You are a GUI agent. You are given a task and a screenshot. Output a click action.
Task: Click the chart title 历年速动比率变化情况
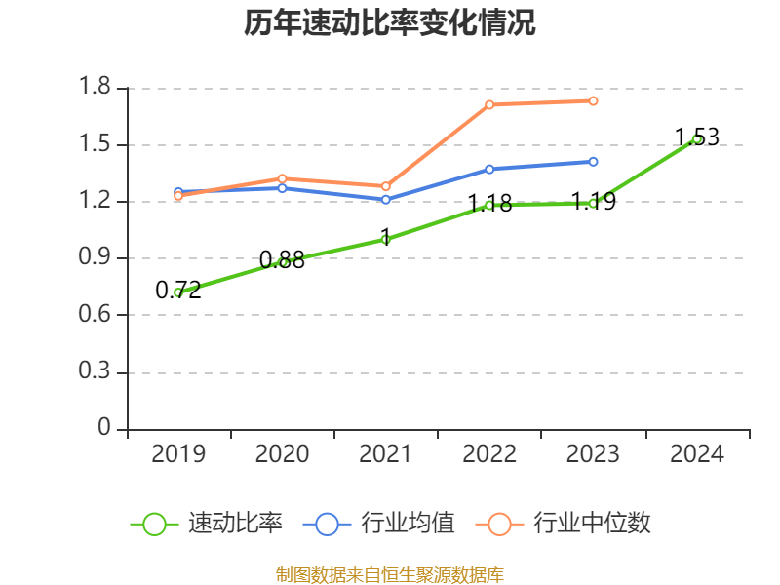point(390,23)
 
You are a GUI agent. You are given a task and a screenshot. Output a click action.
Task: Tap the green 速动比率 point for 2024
point(696,139)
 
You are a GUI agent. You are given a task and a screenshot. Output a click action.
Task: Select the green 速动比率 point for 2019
point(178,292)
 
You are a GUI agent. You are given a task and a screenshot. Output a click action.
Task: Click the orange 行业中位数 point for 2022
point(489,104)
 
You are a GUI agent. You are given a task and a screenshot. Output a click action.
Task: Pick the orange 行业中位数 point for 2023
point(593,100)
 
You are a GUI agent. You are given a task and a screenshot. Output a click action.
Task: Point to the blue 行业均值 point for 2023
point(593,162)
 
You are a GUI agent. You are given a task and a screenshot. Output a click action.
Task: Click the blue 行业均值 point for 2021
point(386,200)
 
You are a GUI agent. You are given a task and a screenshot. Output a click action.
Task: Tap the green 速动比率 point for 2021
point(386,239)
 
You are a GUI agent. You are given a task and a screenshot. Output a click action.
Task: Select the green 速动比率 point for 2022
point(489,205)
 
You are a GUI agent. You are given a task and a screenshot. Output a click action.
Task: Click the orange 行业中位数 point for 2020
point(282,178)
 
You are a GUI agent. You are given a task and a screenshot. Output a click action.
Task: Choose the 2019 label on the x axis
point(178,454)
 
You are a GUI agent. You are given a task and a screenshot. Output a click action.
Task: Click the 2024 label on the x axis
point(696,454)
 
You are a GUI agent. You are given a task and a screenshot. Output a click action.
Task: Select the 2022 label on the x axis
point(489,454)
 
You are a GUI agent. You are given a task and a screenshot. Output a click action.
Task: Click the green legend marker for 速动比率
point(154,524)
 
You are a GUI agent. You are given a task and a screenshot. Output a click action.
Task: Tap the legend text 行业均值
point(408,524)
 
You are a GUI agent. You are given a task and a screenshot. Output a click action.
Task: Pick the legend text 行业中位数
point(592,524)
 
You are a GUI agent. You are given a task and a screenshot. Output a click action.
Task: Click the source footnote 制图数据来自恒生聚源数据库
point(390,574)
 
